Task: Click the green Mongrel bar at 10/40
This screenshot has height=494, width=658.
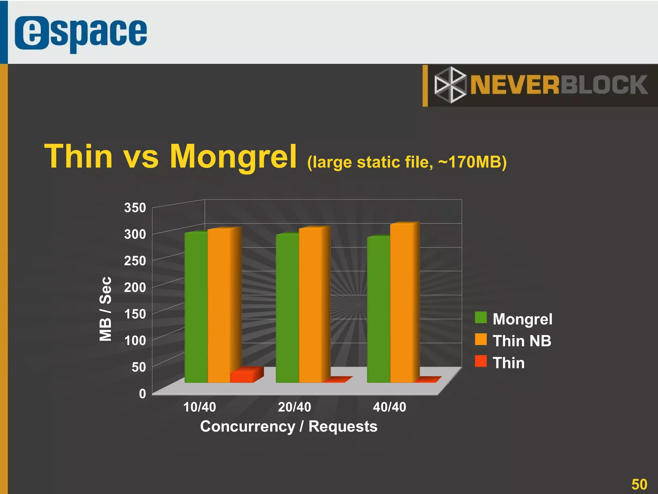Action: pyautogui.click(x=196, y=307)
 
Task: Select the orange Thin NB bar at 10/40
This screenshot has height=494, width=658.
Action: pyautogui.click(x=219, y=305)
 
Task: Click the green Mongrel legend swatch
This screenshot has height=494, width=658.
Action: pyautogui.click(x=481, y=318)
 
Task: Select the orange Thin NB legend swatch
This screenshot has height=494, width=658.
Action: pyautogui.click(x=481, y=340)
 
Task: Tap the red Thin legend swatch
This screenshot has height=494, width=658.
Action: pyautogui.click(x=481, y=361)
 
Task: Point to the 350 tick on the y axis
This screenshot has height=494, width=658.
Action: pyautogui.click(x=135, y=208)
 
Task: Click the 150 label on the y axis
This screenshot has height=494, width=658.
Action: pyautogui.click(x=135, y=314)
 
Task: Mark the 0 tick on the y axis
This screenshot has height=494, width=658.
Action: pyautogui.click(x=142, y=393)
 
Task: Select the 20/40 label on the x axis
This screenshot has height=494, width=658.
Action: pyautogui.click(x=294, y=407)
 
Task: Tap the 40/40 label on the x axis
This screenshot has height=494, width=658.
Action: pyautogui.click(x=389, y=407)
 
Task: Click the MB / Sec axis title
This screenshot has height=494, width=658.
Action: pyautogui.click(x=105, y=309)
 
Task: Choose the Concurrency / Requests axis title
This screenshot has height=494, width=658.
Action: pyautogui.click(x=289, y=427)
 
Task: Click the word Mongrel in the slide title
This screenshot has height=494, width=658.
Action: pyautogui.click(x=233, y=157)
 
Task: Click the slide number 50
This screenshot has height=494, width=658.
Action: pyautogui.click(x=639, y=484)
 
